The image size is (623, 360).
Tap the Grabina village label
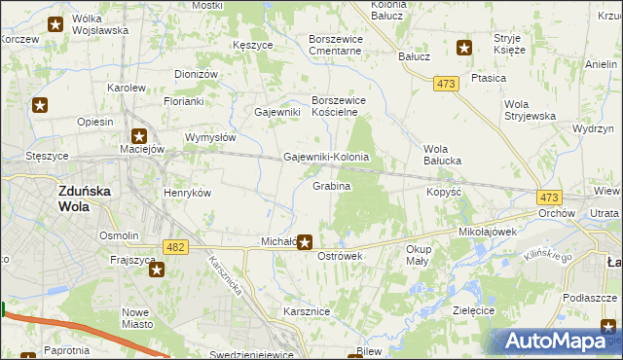(x=331, y=185)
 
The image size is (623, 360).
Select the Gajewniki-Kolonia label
(x=325, y=157)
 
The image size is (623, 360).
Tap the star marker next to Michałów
(x=305, y=241)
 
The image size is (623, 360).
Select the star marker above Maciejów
(x=139, y=136)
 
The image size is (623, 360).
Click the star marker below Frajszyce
(x=157, y=271)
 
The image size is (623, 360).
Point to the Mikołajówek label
(x=487, y=233)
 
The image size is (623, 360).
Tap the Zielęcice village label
(x=475, y=309)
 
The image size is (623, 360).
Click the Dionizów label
(x=196, y=74)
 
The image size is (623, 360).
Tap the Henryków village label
(x=188, y=193)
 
